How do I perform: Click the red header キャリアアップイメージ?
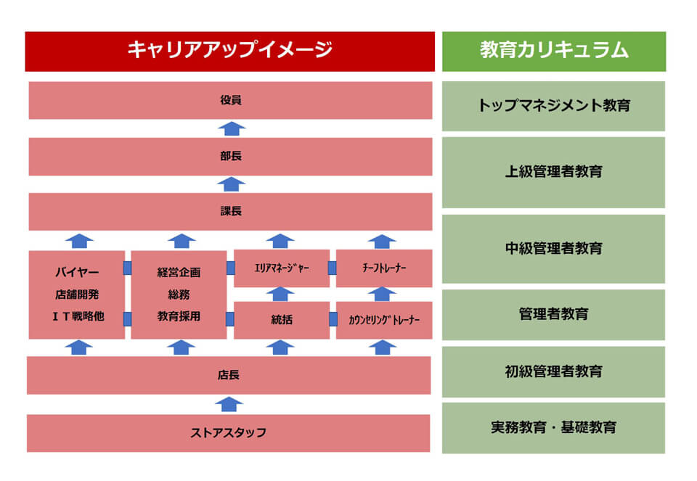point(230,51)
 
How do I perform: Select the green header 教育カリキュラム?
point(554,51)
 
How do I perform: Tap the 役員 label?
point(231,100)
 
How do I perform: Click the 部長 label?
point(231,156)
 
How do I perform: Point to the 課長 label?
point(231,211)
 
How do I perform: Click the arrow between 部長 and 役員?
point(232,128)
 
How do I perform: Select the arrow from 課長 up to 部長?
point(232,184)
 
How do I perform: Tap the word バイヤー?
point(77,272)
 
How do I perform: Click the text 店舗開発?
point(77,294)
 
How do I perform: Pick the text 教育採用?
point(179,316)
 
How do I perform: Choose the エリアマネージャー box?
point(282,268)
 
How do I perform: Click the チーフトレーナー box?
point(384,268)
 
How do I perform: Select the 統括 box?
point(282,320)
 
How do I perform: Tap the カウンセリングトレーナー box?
point(384,320)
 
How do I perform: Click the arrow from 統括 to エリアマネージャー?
point(280,294)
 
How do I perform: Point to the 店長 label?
point(229,375)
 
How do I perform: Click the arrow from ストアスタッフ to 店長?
point(229,405)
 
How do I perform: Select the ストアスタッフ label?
point(229,432)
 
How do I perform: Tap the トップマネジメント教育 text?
point(554,105)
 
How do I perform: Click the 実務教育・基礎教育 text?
point(554,427)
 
